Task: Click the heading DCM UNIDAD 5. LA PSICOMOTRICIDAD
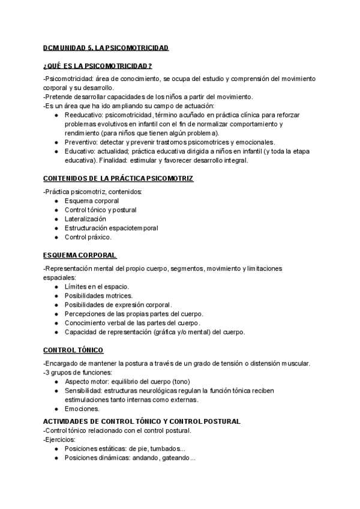point(106,47)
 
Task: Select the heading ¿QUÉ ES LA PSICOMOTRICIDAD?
point(97,65)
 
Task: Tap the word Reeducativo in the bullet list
point(82,115)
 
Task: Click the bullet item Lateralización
point(89,219)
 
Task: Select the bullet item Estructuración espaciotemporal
point(112,228)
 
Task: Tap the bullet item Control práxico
point(88,237)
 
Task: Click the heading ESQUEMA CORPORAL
point(80,255)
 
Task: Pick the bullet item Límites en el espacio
point(97,287)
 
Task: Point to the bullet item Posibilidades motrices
point(98,296)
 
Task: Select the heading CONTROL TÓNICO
point(73,350)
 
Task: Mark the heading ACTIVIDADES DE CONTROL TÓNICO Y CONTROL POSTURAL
point(142,421)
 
